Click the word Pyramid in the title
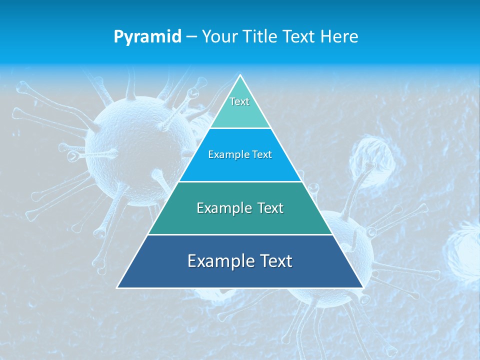[147, 37]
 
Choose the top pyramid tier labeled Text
[240, 107]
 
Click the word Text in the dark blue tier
[274, 261]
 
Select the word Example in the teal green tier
[223, 208]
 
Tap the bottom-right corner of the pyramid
[362, 287]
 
